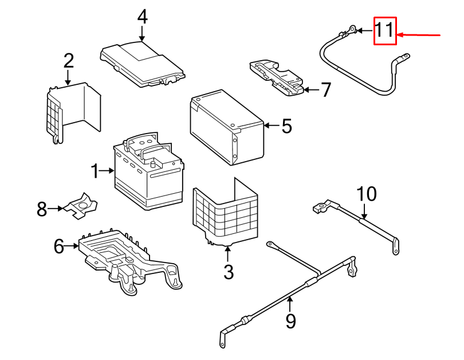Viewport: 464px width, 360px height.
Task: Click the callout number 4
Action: coord(142,17)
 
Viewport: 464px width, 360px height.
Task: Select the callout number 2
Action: coord(69,61)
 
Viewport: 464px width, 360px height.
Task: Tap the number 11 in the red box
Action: coord(385,30)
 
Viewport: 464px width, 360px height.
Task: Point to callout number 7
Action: coord(326,89)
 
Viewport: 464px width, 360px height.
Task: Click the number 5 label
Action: coord(287,126)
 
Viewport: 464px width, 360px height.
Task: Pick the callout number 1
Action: coord(95,171)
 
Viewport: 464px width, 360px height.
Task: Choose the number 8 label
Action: coord(42,209)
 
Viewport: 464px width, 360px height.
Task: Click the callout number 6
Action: coord(59,246)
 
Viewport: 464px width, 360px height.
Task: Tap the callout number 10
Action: coord(367,194)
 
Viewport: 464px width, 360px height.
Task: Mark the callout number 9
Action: coord(290,321)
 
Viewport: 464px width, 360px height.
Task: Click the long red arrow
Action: coord(418,35)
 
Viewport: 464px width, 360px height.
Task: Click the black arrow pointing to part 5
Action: coord(272,126)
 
